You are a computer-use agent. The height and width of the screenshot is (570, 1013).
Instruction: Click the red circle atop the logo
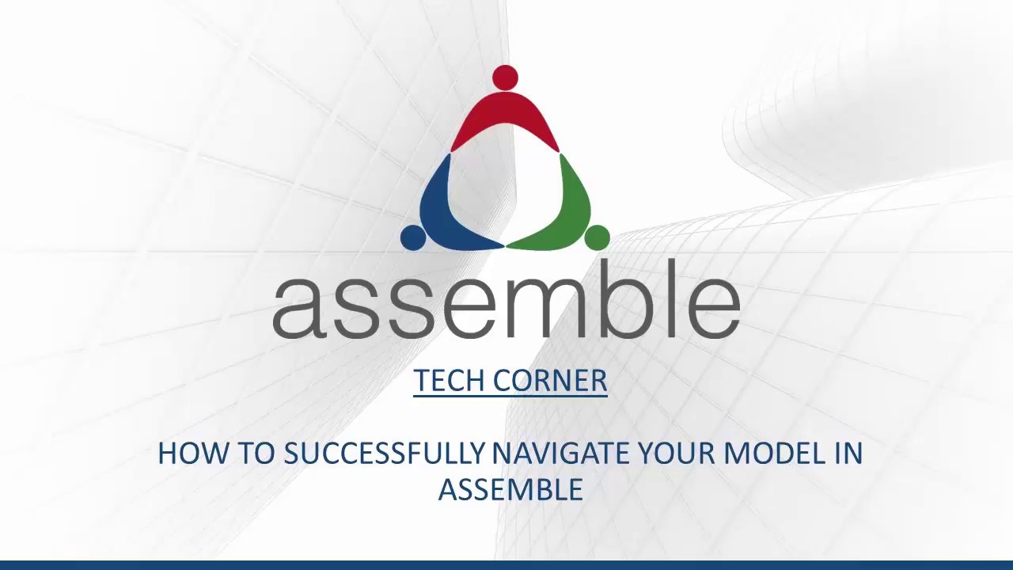505,78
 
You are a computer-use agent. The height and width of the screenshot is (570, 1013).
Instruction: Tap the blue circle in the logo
413,237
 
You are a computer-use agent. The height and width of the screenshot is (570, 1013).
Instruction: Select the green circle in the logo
597,237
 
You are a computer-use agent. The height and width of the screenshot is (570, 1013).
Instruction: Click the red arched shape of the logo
505,119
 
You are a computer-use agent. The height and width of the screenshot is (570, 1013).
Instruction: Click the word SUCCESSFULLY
384,454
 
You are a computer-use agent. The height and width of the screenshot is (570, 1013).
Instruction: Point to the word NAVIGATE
561,454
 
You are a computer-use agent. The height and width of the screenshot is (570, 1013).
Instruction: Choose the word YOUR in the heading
677,454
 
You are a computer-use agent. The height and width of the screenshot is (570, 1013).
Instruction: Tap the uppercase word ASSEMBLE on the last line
510,489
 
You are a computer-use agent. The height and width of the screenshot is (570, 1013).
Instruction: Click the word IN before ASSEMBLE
848,454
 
